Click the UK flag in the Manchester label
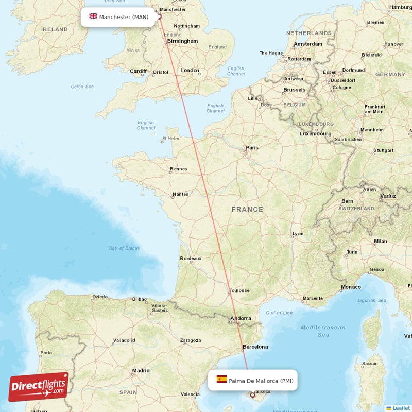(x=93, y=16)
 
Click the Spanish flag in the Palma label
(x=221, y=380)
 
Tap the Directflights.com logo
(x=39, y=387)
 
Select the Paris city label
(x=252, y=148)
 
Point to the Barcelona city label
(x=255, y=347)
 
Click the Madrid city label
(x=141, y=370)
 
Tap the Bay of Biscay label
(x=125, y=248)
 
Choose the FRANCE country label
(x=247, y=210)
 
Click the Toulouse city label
(x=239, y=290)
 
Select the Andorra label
(x=241, y=318)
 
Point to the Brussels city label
(x=294, y=90)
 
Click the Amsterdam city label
(x=308, y=44)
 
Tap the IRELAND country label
(x=54, y=29)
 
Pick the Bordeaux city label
(x=191, y=259)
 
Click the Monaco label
(x=351, y=287)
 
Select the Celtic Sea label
(x=82, y=87)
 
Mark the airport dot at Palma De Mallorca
(x=252, y=395)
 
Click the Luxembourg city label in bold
(x=315, y=134)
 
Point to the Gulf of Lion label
(x=279, y=313)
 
